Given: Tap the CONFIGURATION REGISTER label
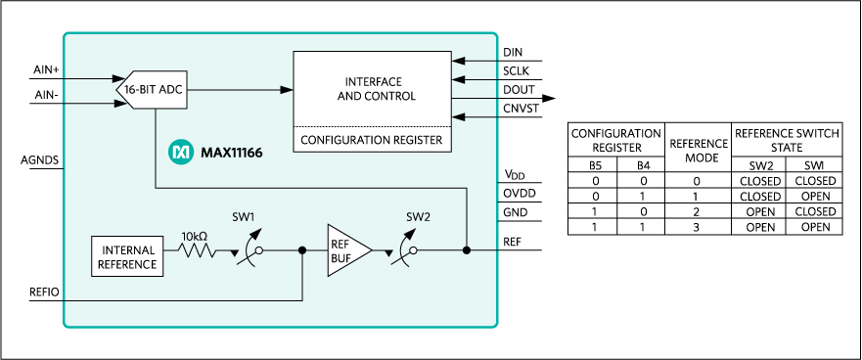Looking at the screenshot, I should click(x=372, y=141).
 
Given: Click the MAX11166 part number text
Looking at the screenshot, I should click(x=231, y=153).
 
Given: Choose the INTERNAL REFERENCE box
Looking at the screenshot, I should click(x=126, y=256).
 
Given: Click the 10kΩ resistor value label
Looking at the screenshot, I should click(x=194, y=236).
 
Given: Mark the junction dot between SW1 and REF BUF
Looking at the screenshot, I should click(x=302, y=250).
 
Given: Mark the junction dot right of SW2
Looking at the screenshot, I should click(x=467, y=250).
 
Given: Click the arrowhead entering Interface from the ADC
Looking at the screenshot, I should click(x=287, y=90).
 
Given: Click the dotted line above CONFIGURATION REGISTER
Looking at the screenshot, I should click(x=372, y=127).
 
